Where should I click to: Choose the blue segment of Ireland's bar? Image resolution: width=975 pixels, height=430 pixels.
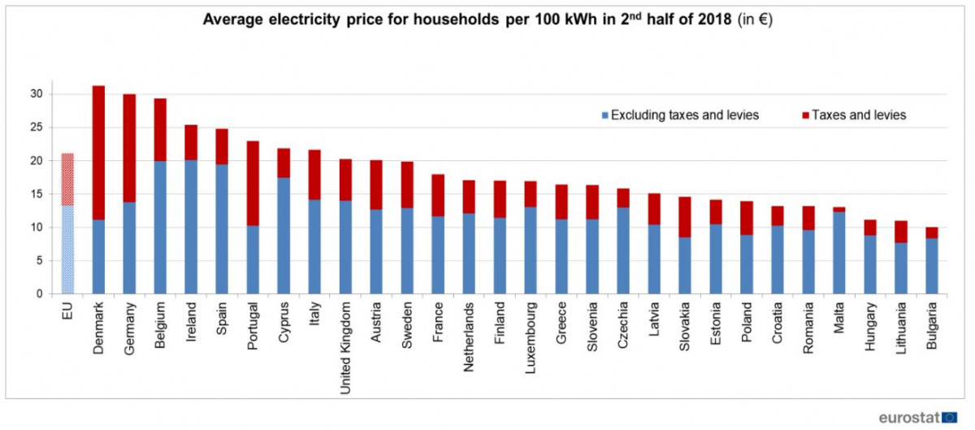coord(191,227)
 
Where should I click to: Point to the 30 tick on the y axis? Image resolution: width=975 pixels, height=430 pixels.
coord(37,94)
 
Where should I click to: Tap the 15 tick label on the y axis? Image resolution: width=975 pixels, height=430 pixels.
coord(37,194)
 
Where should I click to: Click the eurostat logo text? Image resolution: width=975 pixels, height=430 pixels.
coord(908,417)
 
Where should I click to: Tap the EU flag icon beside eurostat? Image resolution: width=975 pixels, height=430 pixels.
coord(949,417)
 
